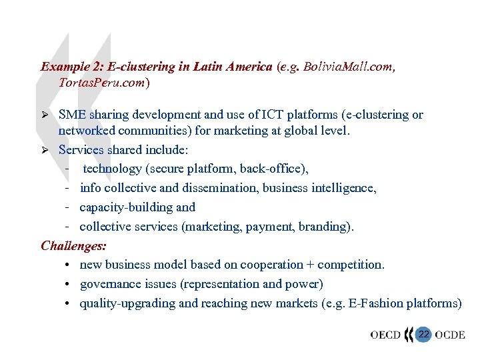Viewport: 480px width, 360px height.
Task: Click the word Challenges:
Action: tap(73, 245)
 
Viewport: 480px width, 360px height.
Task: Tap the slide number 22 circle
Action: tap(424, 334)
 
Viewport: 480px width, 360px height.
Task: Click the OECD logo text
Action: tap(385, 335)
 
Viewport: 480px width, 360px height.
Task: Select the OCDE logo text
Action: tap(451, 335)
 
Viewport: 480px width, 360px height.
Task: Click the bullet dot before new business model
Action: tap(69, 265)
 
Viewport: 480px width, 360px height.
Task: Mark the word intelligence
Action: tap(347, 188)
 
